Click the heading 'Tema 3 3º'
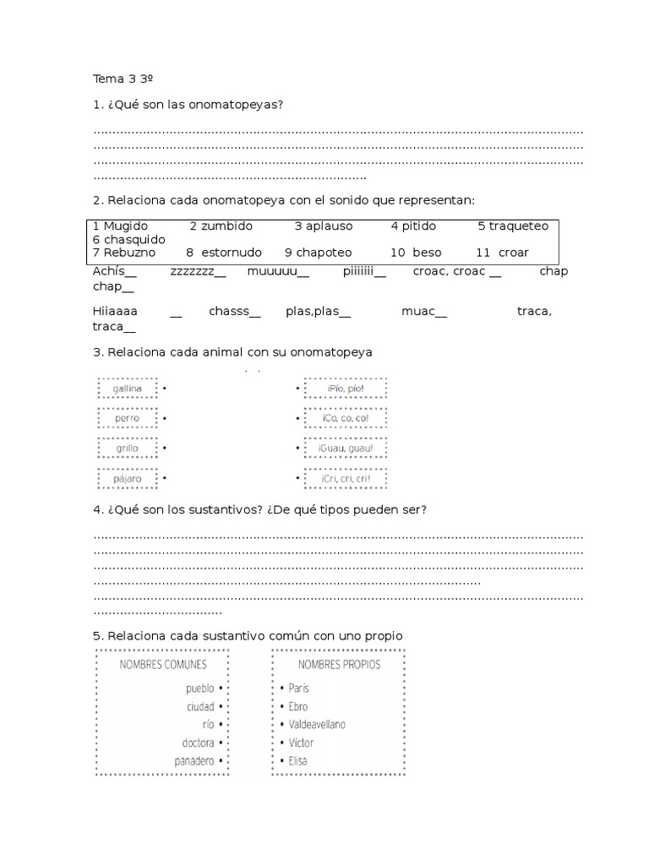click(x=123, y=79)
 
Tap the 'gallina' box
click(x=127, y=389)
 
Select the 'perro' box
click(x=127, y=418)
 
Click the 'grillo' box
click(x=127, y=449)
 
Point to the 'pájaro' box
click(x=127, y=479)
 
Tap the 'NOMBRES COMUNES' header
click(x=162, y=665)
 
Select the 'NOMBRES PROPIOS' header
click(x=339, y=665)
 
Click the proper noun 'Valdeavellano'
click(x=317, y=725)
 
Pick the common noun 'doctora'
click(x=199, y=743)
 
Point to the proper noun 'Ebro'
click(x=298, y=706)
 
